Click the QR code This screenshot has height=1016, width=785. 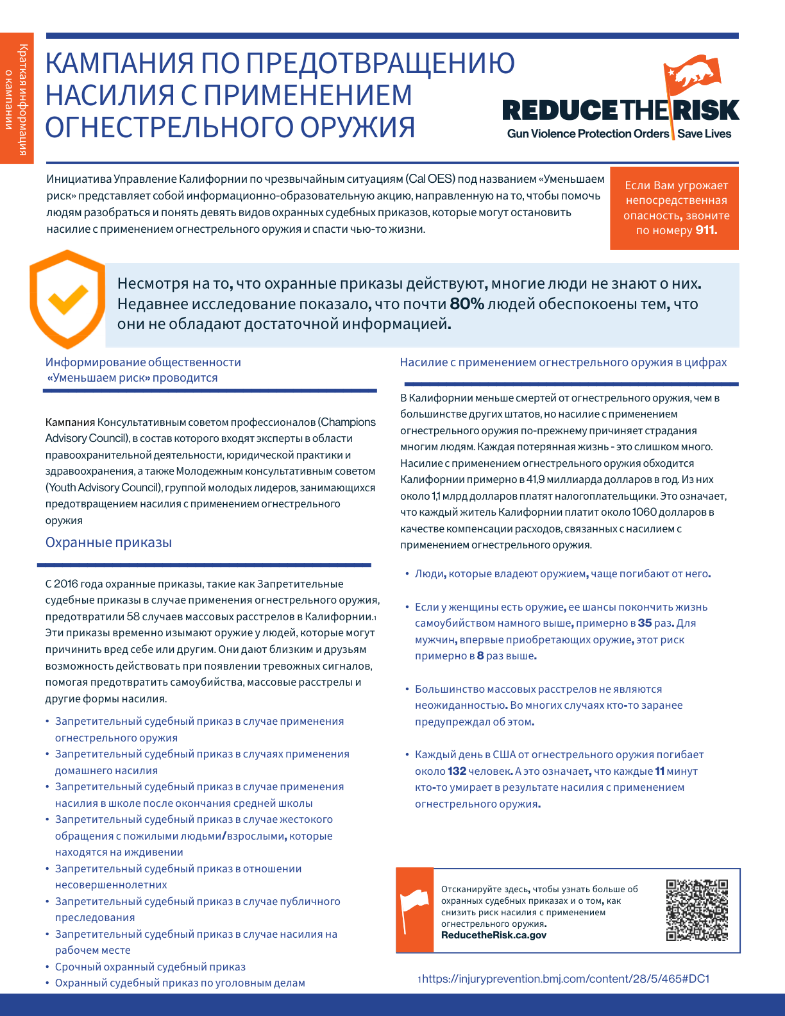(696, 910)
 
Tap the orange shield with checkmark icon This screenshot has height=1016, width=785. (67, 299)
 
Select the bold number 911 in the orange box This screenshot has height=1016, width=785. (706, 230)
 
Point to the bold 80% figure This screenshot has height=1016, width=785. (467, 304)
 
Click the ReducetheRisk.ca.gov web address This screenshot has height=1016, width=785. (494, 935)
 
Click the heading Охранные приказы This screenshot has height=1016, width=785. (108, 543)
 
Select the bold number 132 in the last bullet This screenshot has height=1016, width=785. (457, 771)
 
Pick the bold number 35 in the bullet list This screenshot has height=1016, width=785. (645, 623)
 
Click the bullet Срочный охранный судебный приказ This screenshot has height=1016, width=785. (150, 967)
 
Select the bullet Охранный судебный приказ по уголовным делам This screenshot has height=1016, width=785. (180, 983)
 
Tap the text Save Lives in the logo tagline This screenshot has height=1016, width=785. (704, 134)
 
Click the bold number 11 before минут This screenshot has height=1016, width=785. (659, 771)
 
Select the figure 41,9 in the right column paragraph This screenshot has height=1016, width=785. (537, 480)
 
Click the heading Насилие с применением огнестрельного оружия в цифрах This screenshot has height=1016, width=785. (563, 362)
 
